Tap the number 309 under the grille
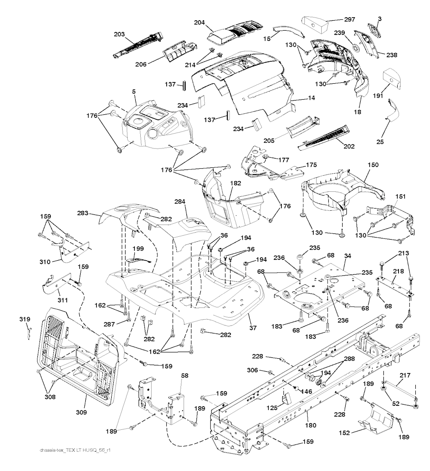81,412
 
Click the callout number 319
25,320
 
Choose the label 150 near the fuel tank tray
361,167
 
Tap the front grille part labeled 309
76,357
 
